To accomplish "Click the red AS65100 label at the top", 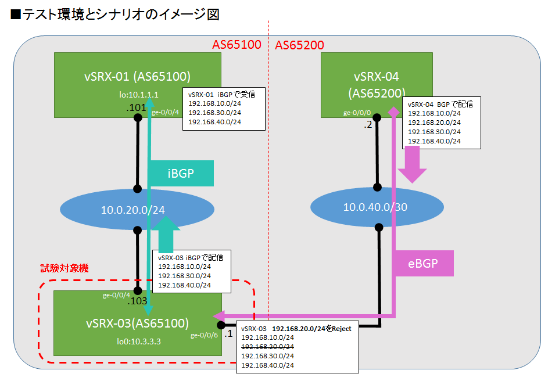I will click(237, 45).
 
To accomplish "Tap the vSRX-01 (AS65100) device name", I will click(137, 76).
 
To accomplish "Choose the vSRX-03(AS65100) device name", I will click(137, 323).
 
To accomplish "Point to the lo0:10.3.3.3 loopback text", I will click(137, 341).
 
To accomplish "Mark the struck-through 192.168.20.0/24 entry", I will click(267, 346).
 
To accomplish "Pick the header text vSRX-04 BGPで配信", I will click(440, 105).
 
